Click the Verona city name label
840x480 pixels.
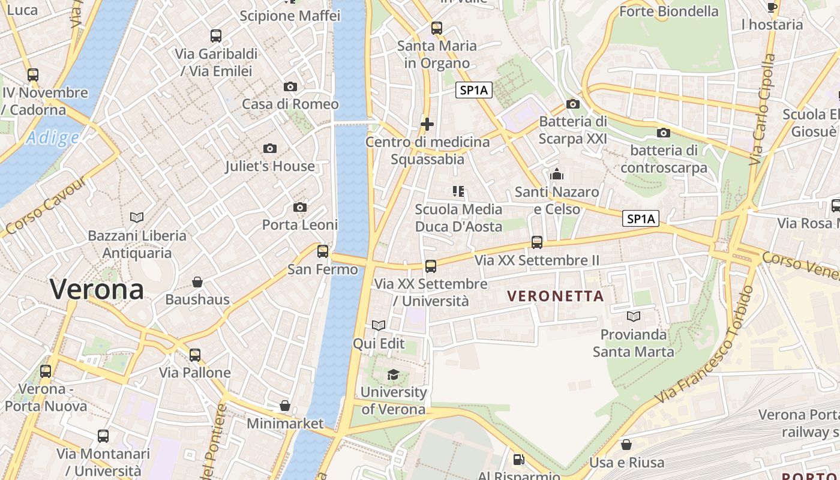pyautogui.click(x=97, y=290)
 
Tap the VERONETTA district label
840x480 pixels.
pyautogui.click(x=556, y=296)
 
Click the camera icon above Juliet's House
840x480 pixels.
pyautogui.click(x=270, y=148)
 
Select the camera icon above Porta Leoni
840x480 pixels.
pyautogui.click(x=300, y=208)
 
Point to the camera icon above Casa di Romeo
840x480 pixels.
pyautogui.click(x=290, y=86)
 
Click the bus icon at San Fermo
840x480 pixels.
pyautogui.click(x=323, y=251)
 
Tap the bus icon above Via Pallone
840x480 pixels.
pyautogui.click(x=195, y=355)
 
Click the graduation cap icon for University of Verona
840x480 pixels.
pyautogui.click(x=393, y=375)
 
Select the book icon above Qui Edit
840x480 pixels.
pyautogui.click(x=379, y=326)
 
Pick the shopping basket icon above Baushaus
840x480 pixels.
pyautogui.click(x=197, y=282)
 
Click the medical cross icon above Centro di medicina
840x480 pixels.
pyautogui.click(x=427, y=124)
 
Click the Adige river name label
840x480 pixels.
pyautogui.click(x=53, y=139)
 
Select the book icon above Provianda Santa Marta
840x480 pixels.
pyautogui.click(x=634, y=316)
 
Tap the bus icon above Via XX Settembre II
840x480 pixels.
pyautogui.click(x=537, y=242)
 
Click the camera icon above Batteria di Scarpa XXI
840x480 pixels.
pyautogui.click(x=573, y=104)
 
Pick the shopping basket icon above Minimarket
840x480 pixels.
pyautogui.click(x=285, y=406)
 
